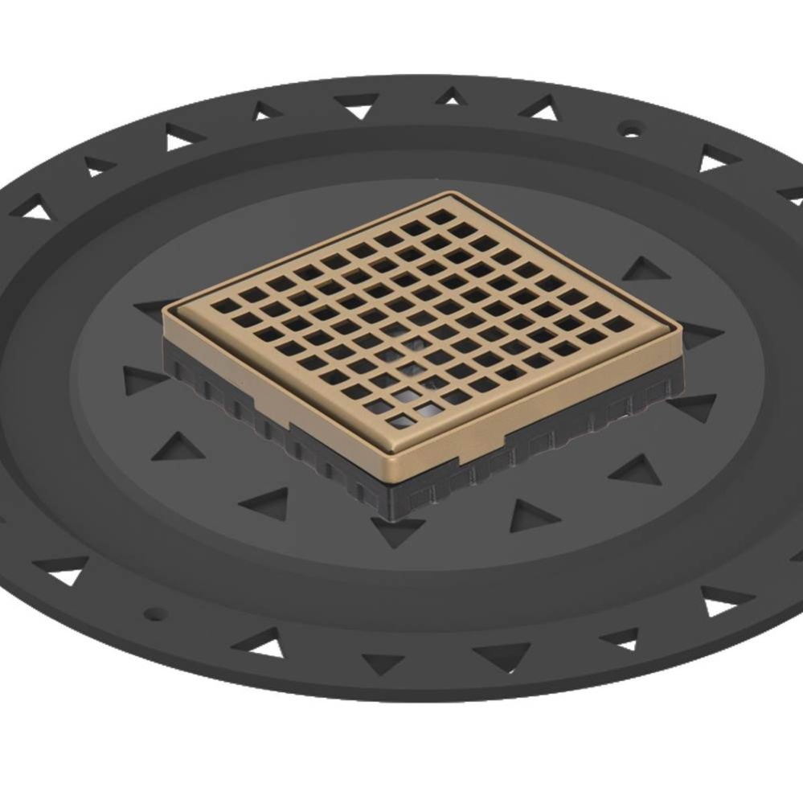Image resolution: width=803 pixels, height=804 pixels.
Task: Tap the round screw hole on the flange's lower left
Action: click(156, 614)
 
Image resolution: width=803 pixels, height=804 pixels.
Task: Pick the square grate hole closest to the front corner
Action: click(401, 420)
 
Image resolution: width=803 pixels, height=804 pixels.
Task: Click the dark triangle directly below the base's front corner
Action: click(396, 531)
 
